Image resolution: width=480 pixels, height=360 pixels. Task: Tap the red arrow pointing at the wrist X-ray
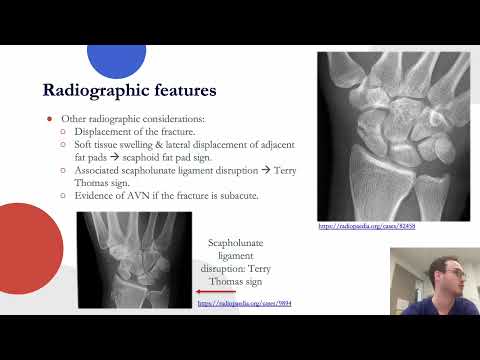coord(178,294)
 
